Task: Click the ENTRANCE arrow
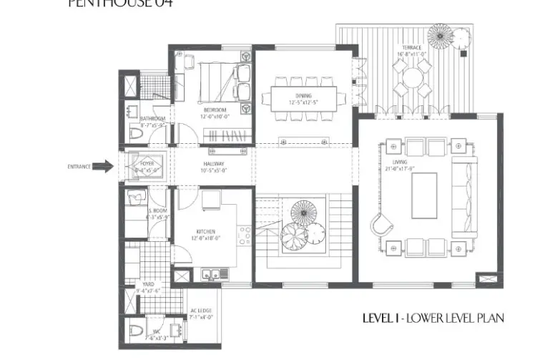(103, 167)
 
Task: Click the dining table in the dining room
(303, 96)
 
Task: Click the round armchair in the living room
(381, 225)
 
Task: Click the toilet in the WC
(137, 331)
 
